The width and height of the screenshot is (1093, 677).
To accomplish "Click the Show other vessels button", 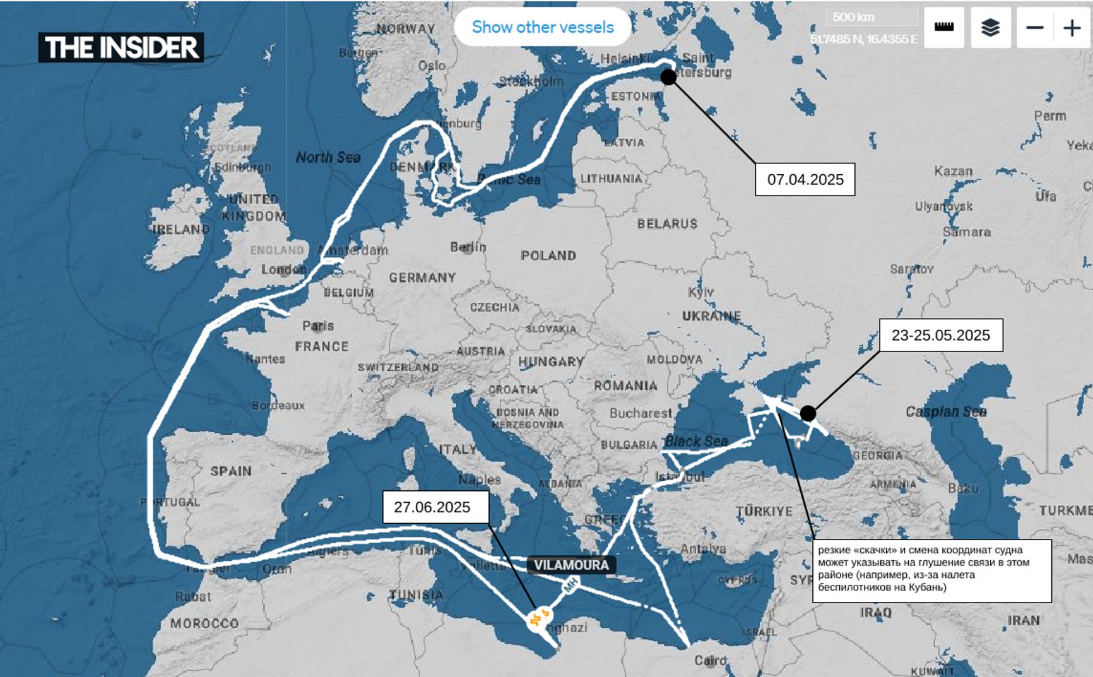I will [x=542, y=27].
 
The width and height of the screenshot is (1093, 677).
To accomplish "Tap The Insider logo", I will [x=121, y=47].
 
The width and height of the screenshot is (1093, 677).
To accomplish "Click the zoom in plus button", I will [x=1072, y=28].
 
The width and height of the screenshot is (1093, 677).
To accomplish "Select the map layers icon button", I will [x=990, y=28].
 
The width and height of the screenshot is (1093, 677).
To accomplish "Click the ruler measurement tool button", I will [x=944, y=28].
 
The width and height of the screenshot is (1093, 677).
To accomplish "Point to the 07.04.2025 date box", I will [x=805, y=179].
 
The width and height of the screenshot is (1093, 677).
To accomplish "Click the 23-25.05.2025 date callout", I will [x=940, y=335].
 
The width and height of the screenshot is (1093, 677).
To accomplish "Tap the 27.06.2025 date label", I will [x=435, y=507].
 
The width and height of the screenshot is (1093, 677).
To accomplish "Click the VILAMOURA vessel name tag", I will [x=571, y=565].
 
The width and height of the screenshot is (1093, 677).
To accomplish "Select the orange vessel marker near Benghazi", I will [x=539, y=618].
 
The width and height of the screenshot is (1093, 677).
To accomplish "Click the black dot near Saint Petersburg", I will [x=668, y=77].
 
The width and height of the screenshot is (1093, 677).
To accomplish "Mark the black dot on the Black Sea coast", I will [x=808, y=413].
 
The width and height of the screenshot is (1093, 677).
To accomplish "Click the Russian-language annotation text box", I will [x=931, y=570].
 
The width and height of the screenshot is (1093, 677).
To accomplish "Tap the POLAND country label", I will [x=548, y=256].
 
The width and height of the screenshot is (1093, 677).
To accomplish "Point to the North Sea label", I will [x=328, y=157].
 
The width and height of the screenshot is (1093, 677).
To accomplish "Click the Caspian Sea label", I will [x=945, y=412].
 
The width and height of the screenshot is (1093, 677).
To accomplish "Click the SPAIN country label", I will [x=231, y=471].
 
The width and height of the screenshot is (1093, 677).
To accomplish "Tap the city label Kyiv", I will [x=700, y=292].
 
